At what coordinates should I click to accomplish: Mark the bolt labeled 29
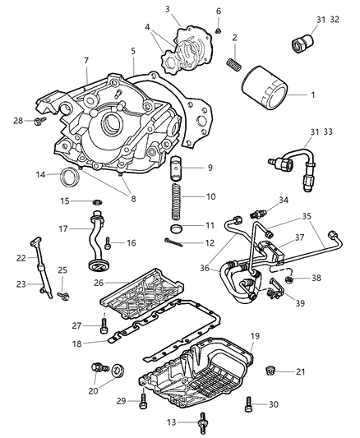point(145,402)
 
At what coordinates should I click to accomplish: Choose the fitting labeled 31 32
point(303,39)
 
